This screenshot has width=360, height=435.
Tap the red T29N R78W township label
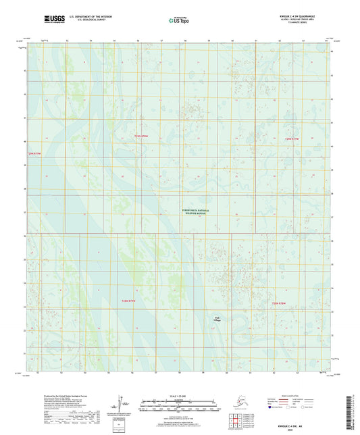(x=140, y=137)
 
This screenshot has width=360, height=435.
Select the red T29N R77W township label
(x=291, y=138)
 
